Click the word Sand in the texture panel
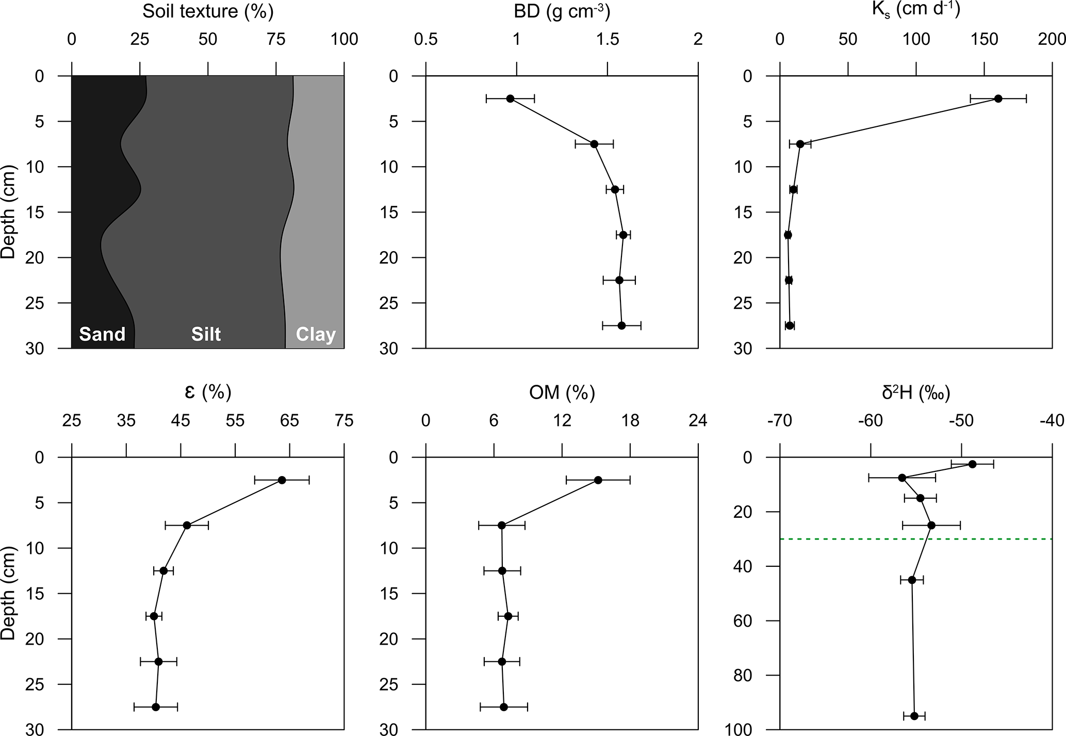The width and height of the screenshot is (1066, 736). (x=102, y=334)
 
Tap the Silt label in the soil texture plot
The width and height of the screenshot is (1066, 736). (x=206, y=334)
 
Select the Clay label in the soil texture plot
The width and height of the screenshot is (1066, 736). (x=316, y=335)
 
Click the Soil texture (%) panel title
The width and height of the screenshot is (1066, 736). (x=208, y=11)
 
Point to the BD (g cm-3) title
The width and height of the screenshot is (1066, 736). (x=562, y=11)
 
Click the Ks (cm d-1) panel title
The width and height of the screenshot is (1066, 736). (x=915, y=9)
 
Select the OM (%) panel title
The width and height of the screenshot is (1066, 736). (x=562, y=393)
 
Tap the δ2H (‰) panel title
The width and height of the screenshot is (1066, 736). (x=916, y=393)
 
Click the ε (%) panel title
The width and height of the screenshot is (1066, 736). (x=208, y=393)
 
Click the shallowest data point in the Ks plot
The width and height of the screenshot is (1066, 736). (x=998, y=99)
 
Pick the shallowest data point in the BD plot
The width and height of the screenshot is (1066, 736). (x=510, y=99)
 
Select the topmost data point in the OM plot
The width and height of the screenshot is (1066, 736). (x=598, y=480)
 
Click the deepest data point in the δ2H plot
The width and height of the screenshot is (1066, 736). (x=914, y=716)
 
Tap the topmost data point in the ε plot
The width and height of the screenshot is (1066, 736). (x=282, y=480)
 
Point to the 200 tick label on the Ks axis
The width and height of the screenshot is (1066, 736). (x=1052, y=39)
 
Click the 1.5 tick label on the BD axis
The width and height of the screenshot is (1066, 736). (x=608, y=39)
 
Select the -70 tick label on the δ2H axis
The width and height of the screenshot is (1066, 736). (x=779, y=421)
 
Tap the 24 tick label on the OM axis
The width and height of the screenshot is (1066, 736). (x=698, y=421)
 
